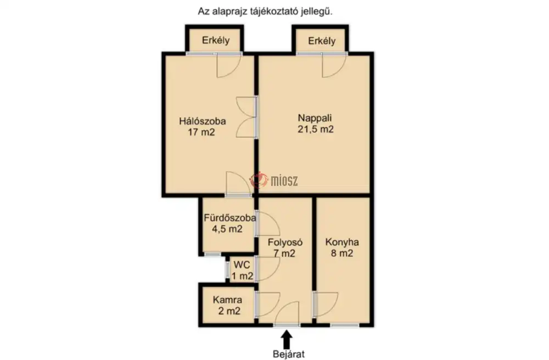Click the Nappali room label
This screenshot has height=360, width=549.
(x=315, y=118)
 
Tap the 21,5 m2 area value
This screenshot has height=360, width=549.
(x=316, y=129)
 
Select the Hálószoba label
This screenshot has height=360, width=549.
(x=203, y=121)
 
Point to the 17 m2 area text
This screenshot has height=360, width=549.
(x=201, y=132)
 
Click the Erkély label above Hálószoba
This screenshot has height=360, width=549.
(x=216, y=41)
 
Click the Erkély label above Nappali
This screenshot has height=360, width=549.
(x=322, y=41)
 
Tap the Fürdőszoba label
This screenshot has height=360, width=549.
(x=229, y=218)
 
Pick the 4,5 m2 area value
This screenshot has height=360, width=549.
(x=227, y=229)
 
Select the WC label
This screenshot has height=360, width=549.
(x=242, y=265)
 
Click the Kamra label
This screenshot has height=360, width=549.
(x=227, y=300)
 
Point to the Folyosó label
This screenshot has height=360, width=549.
(x=285, y=242)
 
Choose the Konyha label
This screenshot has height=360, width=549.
(x=342, y=242)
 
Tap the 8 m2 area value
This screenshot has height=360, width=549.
(x=342, y=254)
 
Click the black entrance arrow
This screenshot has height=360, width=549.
(x=287, y=339)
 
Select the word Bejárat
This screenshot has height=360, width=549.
(x=289, y=354)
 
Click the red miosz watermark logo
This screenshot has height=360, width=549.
(x=259, y=180)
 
